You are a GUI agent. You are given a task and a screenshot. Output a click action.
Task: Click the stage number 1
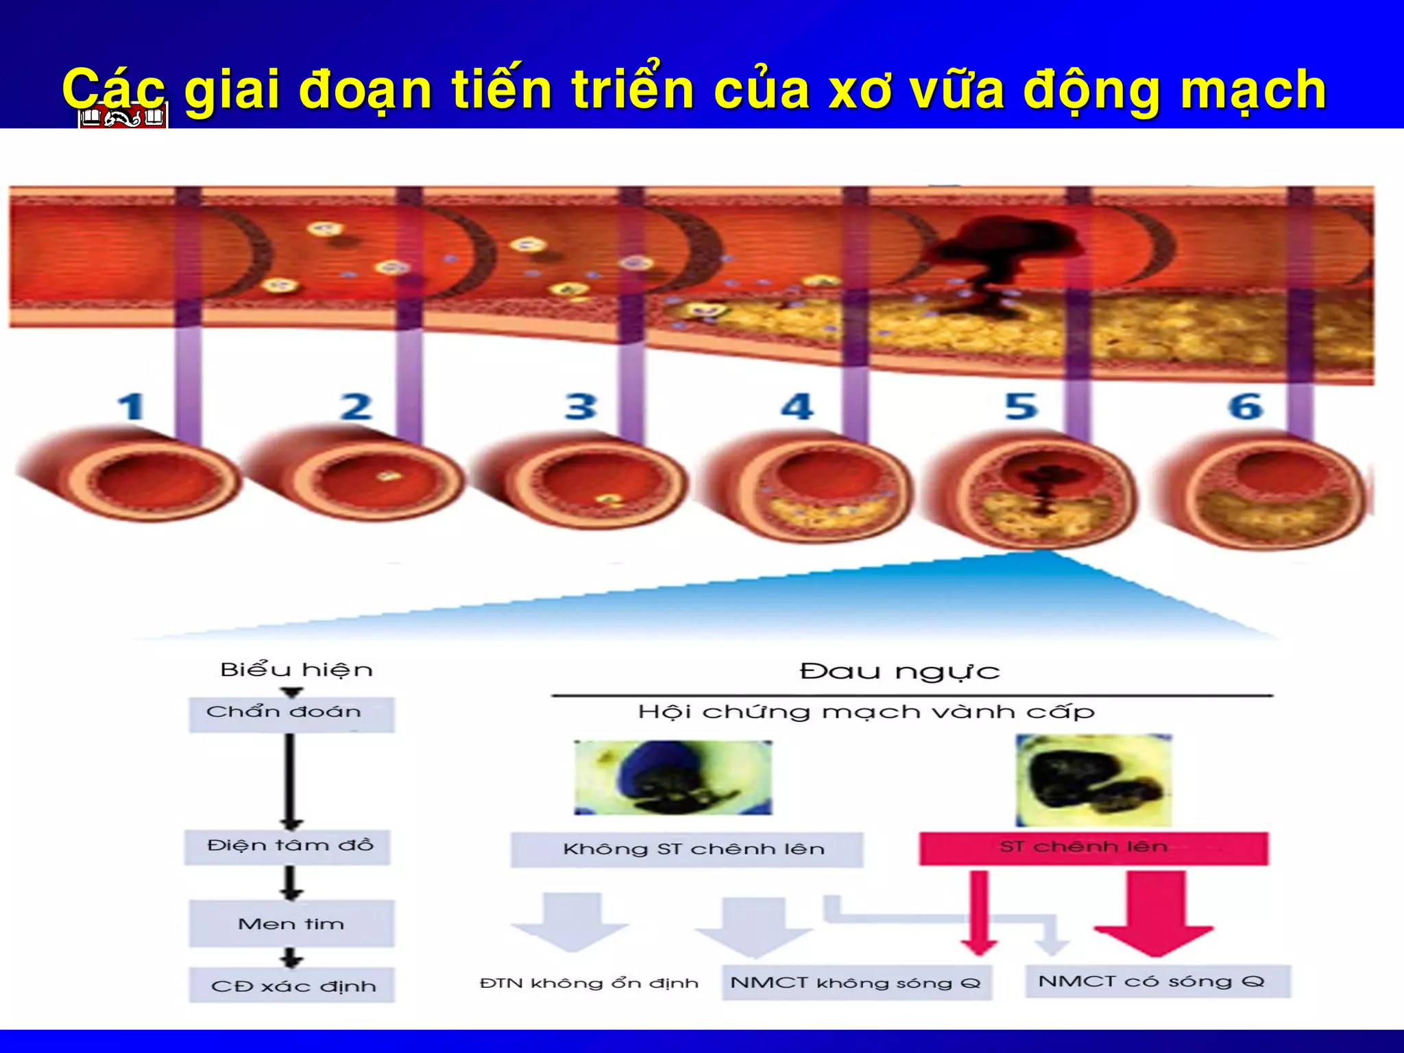(131, 407)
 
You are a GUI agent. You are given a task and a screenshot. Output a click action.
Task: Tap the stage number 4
(797, 407)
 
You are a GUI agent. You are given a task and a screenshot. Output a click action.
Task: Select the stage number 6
(1246, 407)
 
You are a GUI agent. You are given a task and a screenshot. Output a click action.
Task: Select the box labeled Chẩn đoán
(291, 714)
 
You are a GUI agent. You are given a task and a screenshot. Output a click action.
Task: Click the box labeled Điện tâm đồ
(289, 847)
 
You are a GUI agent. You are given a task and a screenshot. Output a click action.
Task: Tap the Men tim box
(291, 924)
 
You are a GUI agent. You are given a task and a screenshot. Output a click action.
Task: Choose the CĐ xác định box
(293, 986)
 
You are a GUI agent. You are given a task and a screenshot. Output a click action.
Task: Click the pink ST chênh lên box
(1093, 848)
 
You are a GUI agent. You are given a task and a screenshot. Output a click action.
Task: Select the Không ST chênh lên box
(687, 849)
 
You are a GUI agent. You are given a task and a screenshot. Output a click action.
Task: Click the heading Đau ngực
(899, 671)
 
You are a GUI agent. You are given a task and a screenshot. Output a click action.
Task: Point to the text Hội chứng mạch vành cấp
(867, 712)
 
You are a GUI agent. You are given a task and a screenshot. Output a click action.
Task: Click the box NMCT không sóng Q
(856, 983)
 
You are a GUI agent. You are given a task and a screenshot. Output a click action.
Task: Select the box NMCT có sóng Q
(1157, 982)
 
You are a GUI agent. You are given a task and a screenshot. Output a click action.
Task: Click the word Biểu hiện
(296, 670)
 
